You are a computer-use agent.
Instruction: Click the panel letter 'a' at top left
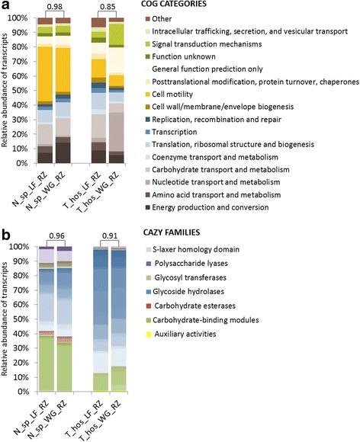6,7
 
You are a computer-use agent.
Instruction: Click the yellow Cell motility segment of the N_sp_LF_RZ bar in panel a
46,72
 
